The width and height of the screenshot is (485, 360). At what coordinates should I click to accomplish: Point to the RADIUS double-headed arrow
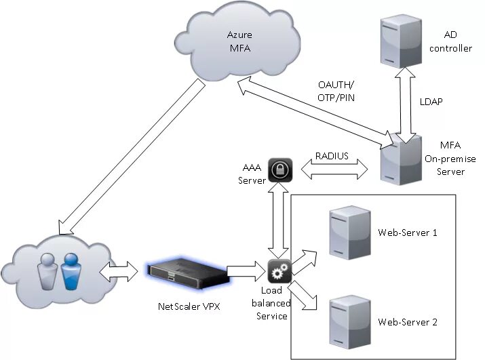point(332,169)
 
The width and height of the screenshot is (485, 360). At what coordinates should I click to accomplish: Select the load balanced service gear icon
point(279,272)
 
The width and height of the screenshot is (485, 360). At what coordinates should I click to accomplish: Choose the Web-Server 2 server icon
point(343,319)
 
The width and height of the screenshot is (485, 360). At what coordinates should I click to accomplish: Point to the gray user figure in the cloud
point(47,270)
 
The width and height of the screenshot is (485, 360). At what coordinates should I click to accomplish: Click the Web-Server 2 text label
point(407,321)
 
